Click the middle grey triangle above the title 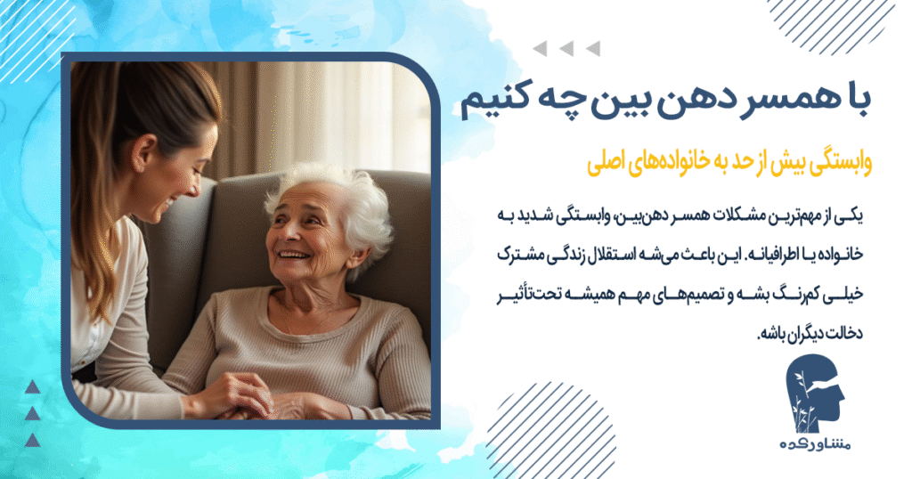(x=566, y=48)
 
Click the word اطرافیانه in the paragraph (x=783, y=256)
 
